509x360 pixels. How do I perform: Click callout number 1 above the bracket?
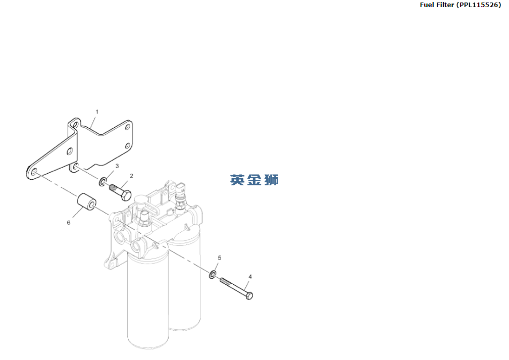(x=97, y=111)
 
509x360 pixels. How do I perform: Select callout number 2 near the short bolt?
(x=131, y=176)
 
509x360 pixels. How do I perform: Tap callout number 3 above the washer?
(x=117, y=166)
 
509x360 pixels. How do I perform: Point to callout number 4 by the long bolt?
(x=250, y=277)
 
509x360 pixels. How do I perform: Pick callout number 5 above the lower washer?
(x=219, y=258)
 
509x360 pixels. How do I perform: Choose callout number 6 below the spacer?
(x=69, y=222)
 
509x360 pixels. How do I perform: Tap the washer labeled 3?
(x=104, y=181)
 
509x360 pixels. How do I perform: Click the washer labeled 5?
(x=213, y=274)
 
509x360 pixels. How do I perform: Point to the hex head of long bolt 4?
(x=249, y=295)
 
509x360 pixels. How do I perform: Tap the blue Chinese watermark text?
(x=254, y=180)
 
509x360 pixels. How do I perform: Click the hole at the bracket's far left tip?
(x=34, y=173)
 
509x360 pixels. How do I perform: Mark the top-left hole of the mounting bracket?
(x=75, y=124)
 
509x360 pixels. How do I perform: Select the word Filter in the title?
(x=446, y=5)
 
